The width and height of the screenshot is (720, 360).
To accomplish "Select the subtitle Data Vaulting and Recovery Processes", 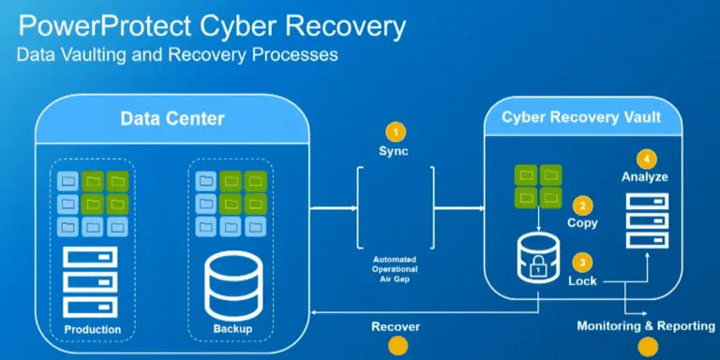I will point(177,55).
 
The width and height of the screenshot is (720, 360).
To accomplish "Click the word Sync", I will point(395,151).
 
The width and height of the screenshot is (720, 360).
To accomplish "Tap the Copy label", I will point(582,224).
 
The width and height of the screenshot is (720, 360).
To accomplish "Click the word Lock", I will point(581,280).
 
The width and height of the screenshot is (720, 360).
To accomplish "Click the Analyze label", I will point(644,176).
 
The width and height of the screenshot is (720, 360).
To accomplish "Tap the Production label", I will point(92,329).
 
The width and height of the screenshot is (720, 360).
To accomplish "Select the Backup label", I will point(230,330).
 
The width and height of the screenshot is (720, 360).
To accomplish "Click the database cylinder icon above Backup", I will point(230,285).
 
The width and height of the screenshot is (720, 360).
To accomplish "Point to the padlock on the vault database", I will point(538,270).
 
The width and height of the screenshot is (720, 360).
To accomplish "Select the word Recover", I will point(395,326).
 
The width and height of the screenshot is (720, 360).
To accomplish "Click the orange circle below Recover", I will point(397,347).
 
